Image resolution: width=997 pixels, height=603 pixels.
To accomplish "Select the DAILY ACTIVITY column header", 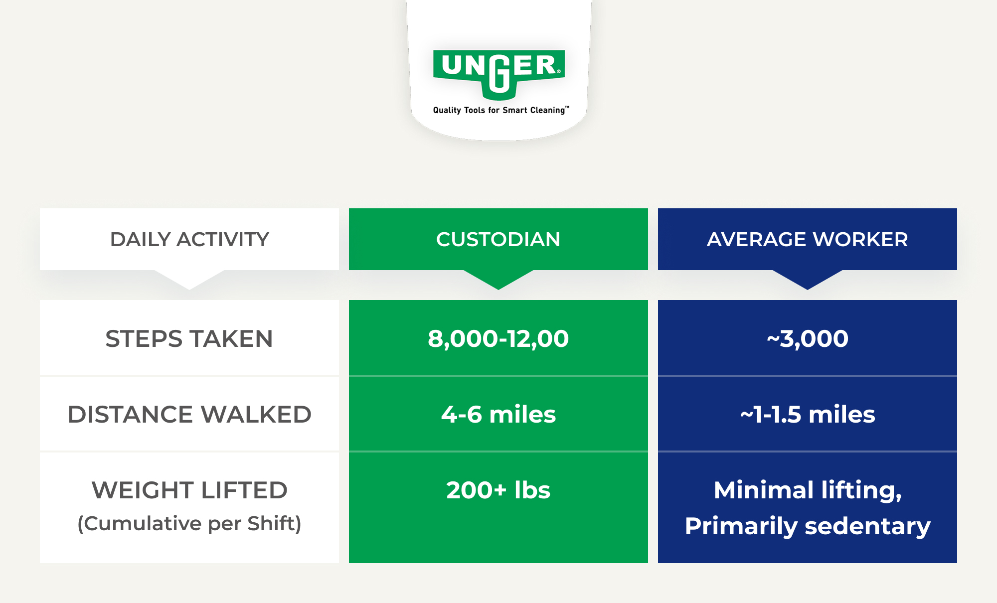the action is (189, 239).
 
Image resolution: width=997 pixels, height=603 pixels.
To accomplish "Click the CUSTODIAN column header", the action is (498, 239).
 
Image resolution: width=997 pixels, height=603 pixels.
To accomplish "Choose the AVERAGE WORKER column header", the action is (808, 239).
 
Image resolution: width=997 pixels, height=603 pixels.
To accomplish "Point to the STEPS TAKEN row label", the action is (189, 339).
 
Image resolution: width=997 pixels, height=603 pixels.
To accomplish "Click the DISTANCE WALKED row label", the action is (189, 415).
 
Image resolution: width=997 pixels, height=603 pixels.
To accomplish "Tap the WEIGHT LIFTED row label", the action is (189, 490).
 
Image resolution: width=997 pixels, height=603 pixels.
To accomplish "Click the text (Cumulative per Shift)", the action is (189, 524).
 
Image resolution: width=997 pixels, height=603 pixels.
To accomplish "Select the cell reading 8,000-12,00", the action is (498, 339).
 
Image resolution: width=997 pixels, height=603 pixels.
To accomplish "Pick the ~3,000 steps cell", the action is (808, 339).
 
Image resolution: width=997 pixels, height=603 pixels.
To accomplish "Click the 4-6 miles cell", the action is (498, 415).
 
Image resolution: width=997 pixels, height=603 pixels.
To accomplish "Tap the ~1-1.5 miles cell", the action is (808, 415).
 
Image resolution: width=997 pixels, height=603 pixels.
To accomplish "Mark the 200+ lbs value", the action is (498, 490).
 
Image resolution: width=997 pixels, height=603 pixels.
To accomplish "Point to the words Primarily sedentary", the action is (808, 526).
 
